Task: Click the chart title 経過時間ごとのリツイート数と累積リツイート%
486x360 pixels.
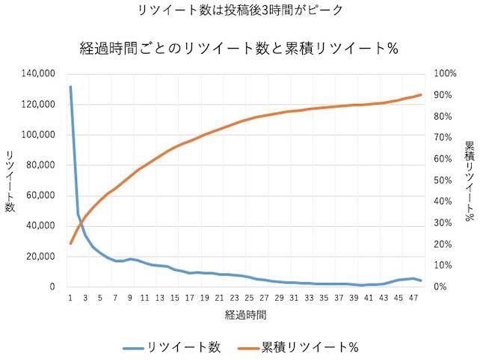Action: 239,49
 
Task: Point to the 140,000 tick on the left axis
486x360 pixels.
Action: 39,74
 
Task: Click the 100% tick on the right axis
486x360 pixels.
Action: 446,74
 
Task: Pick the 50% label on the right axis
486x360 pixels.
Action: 443,180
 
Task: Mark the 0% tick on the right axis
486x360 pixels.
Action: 440,287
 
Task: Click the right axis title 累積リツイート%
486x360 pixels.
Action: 470,180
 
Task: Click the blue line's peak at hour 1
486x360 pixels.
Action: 70,88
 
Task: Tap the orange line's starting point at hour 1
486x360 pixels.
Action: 70,243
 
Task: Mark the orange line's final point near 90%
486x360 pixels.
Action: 421,95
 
